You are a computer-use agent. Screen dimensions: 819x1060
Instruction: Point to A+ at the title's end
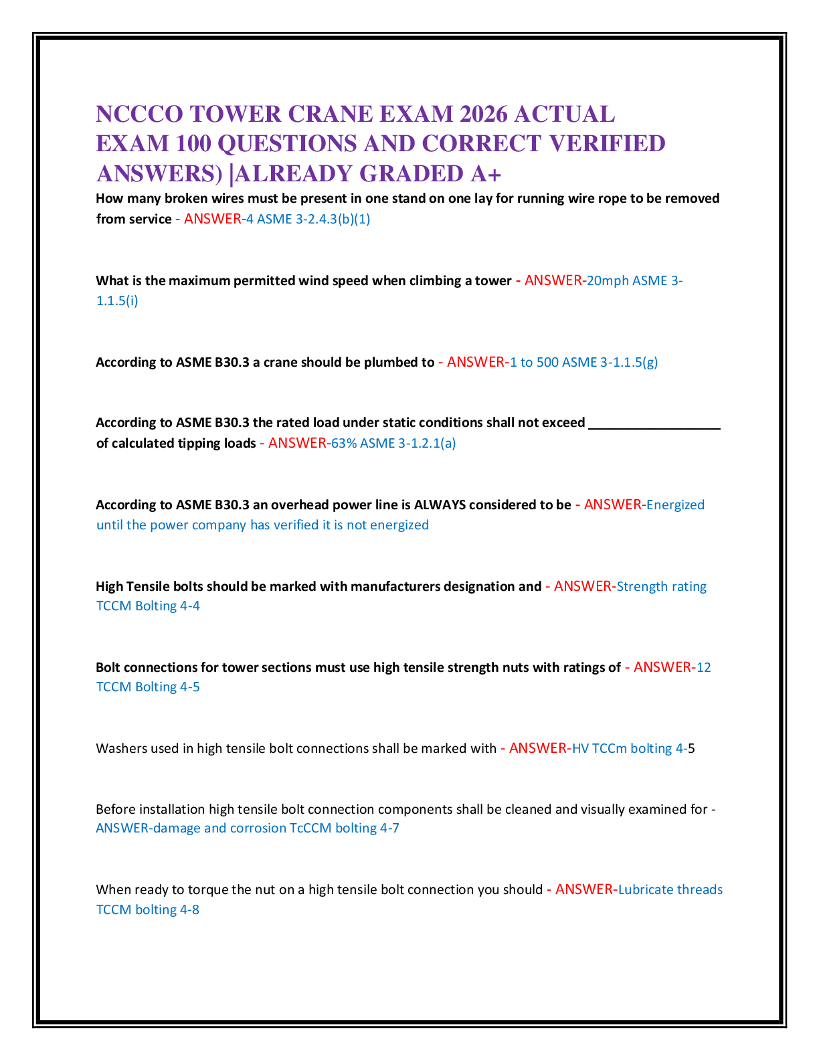486,174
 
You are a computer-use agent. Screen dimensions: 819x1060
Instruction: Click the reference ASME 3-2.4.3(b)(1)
313,219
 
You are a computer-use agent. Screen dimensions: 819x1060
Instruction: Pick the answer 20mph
608,280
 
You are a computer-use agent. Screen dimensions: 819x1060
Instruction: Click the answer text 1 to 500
534,362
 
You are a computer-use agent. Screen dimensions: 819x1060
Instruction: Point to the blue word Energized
675,505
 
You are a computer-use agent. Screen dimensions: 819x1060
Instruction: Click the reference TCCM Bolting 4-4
148,606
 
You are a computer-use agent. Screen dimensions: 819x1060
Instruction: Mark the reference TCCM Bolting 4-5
148,687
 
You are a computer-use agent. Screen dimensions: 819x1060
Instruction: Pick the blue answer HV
580,748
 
